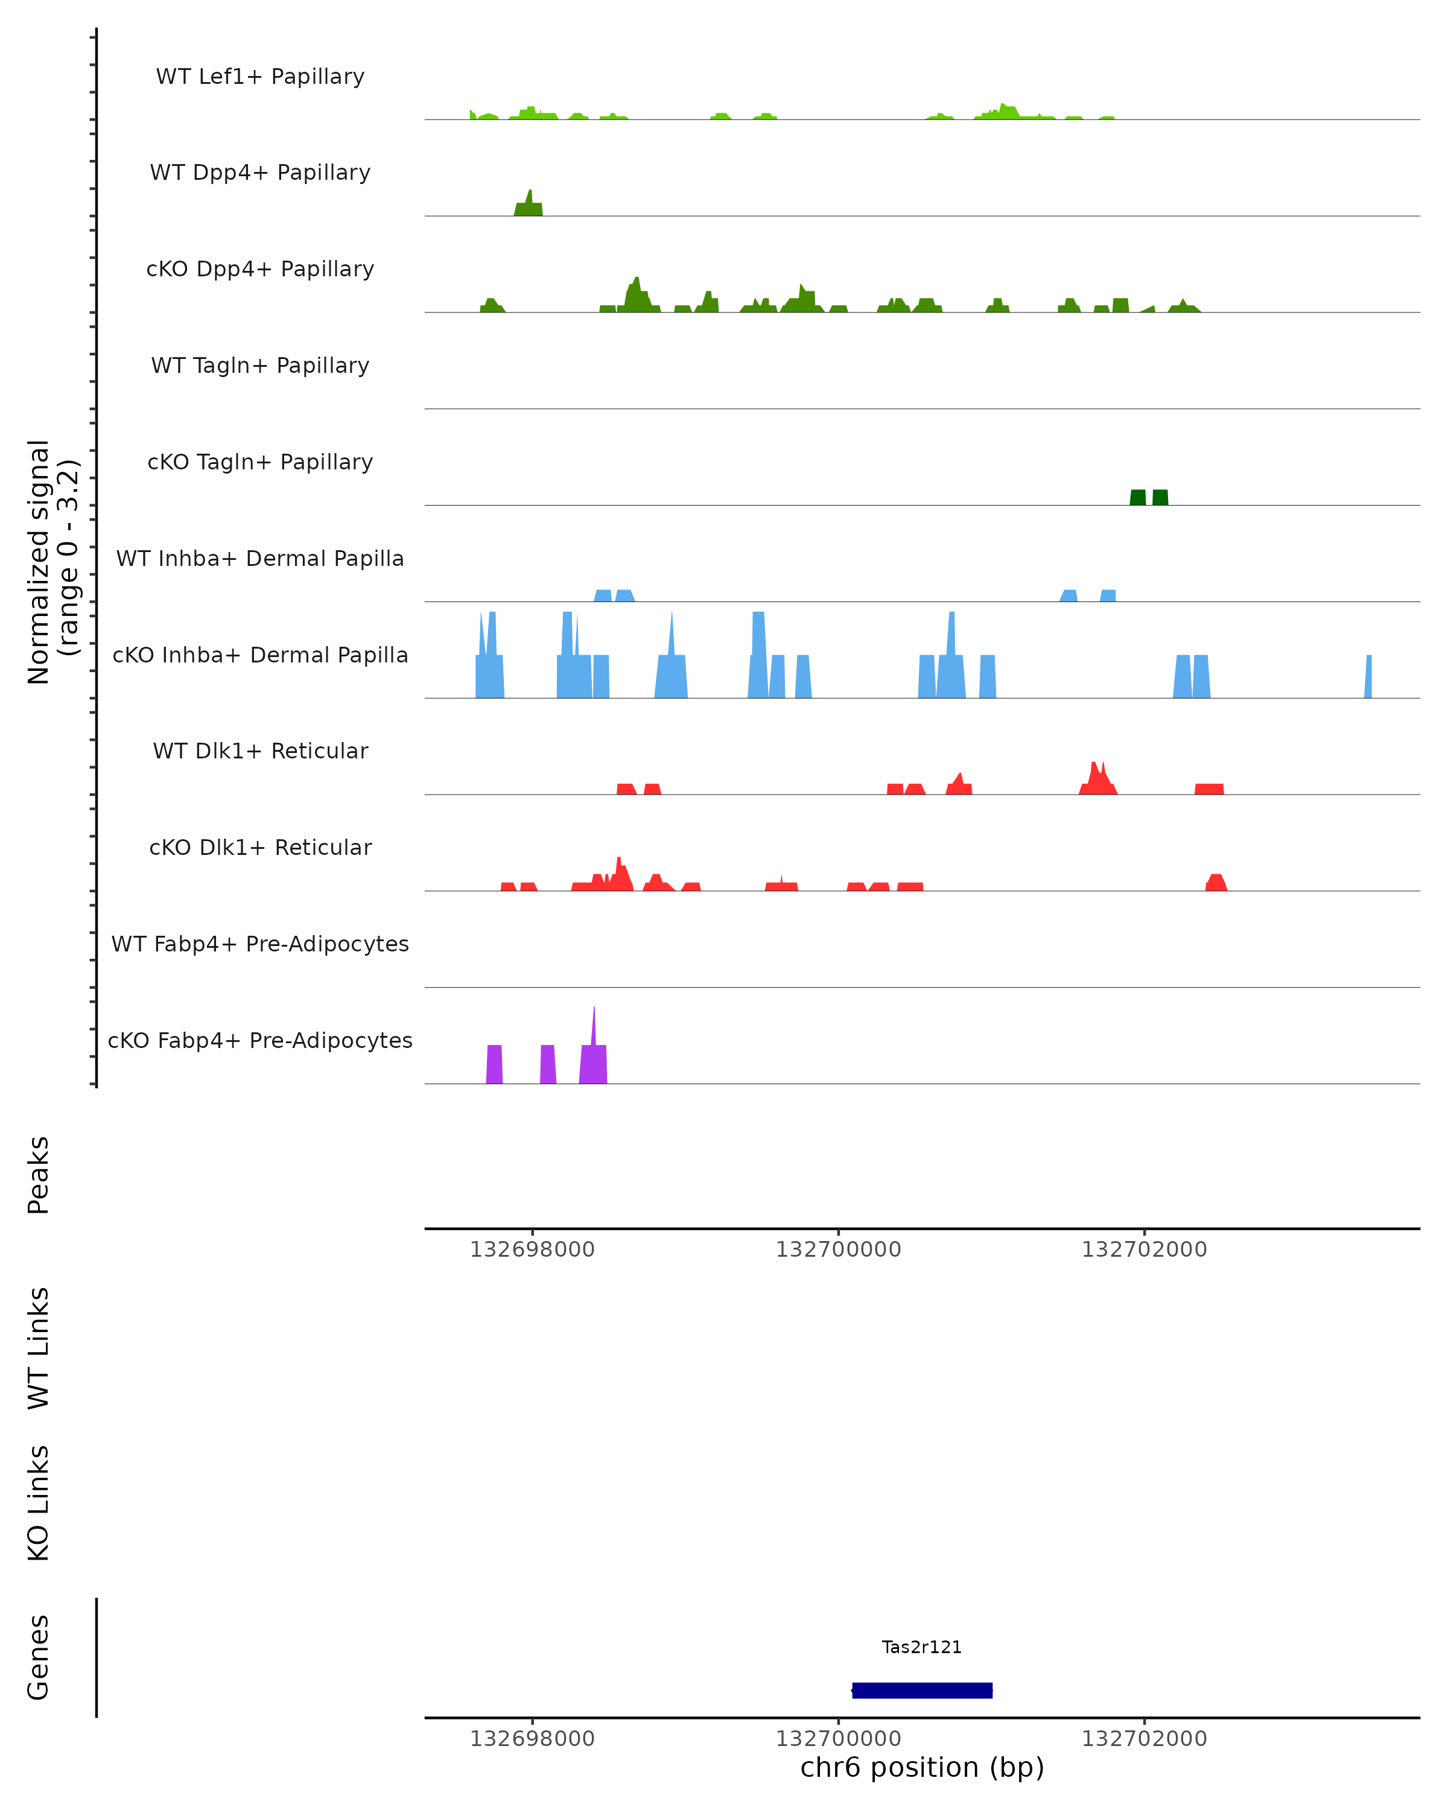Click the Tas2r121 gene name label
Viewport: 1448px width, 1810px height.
(x=921, y=1647)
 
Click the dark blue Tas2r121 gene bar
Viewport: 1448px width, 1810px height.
(x=922, y=1690)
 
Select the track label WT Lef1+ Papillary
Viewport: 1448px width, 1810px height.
(x=260, y=77)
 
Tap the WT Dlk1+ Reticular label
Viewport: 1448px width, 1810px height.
(x=260, y=751)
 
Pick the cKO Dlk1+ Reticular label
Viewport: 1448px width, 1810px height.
(x=260, y=847)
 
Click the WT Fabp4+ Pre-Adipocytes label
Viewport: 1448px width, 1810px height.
(x=260, y=944)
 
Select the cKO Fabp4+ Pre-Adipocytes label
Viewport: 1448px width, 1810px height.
(x=260, y=1040)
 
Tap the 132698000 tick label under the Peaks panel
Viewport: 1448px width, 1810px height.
(x=532, y=1250)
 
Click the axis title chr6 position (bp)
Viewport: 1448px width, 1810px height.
(x=922, y=1767)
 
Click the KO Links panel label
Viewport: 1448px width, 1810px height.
(x=39, y=1503)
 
